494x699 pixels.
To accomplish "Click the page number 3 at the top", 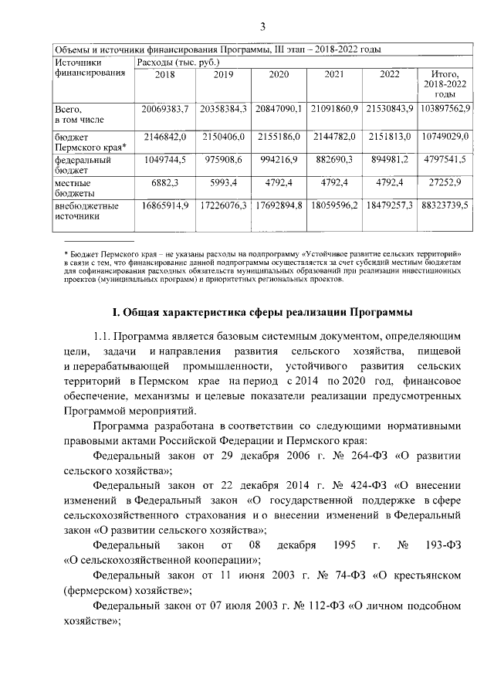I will pos(262,28).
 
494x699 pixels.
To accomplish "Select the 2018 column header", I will pos(165,75).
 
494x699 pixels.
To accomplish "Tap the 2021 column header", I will pos(334,75).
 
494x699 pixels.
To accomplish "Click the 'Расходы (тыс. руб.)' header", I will pos(178,61).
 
